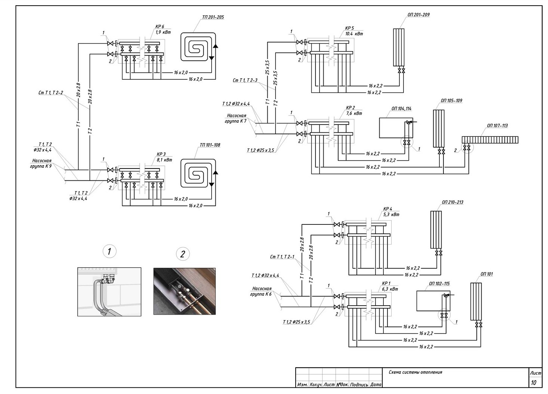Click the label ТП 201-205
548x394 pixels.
tap(213, 18)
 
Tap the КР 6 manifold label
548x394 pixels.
tap(160, 26)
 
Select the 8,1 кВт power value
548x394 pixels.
tap(164, 160)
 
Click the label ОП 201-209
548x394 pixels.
tap(418, 15)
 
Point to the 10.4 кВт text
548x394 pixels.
tap(354, 34)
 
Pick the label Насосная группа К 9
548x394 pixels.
tap(41, 163)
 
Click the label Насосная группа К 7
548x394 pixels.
tap(236, 118)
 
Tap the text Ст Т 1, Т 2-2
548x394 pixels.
tap(51, 93)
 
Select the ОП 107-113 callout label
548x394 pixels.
tap(497, 126)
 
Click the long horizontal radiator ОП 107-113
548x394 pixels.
tap(490, 140)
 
